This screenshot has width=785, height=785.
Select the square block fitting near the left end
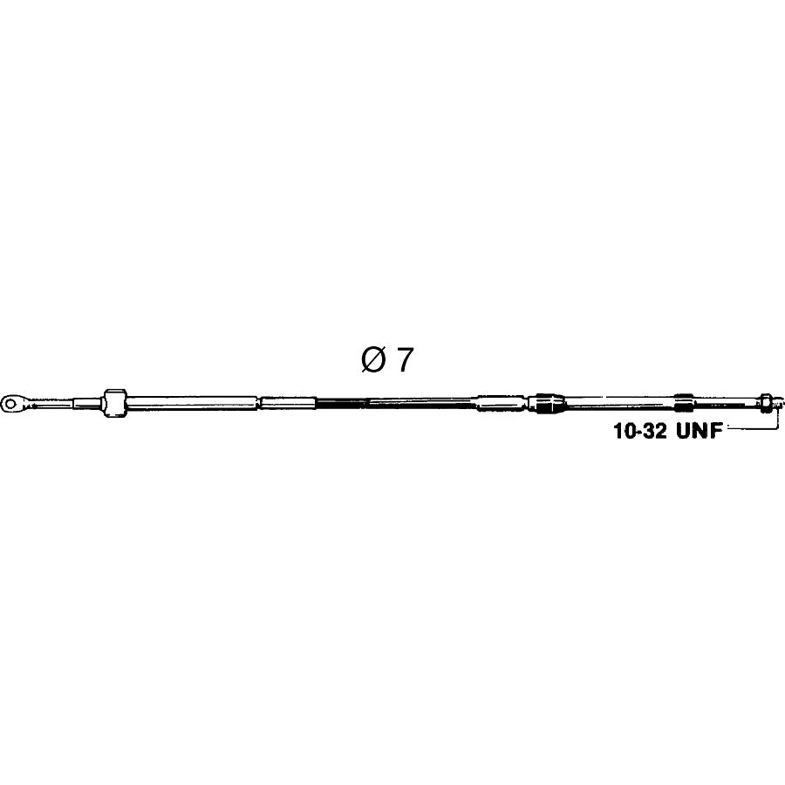click(115, 402)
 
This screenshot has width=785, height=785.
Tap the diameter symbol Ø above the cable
click(373, 359)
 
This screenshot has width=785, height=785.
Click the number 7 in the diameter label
click(406, 359)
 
